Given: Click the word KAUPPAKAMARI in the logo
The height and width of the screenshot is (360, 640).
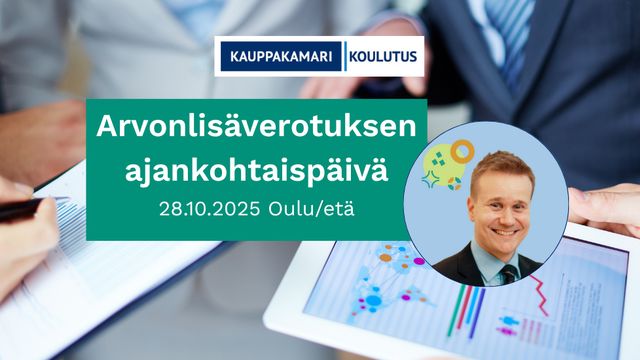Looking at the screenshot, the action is coord(281,56).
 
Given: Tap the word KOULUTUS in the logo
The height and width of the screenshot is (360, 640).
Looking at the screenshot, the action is coord(383,56).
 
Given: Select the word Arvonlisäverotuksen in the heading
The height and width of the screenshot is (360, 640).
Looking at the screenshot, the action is coord(256,127).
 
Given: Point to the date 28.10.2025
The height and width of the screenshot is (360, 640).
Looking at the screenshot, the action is coord(209,209).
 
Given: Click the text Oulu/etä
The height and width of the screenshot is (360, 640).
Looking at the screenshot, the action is coord(311,209).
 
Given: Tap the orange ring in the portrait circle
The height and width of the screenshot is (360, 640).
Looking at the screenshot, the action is coord(462,151).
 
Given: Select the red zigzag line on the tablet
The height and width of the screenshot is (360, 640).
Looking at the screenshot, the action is coord(540,294).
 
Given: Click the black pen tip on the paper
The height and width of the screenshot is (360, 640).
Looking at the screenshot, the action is coord(60,200).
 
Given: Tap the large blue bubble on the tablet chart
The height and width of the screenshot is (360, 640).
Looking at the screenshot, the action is coord(373,301).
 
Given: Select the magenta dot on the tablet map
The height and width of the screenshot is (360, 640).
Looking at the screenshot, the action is coord(419,261).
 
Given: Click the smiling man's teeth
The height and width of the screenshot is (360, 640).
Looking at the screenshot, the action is coord(504,232).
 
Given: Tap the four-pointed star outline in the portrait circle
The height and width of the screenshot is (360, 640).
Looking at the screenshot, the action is coord(430,180).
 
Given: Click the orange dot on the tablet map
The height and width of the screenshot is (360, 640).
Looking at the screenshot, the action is coord(385,258).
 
